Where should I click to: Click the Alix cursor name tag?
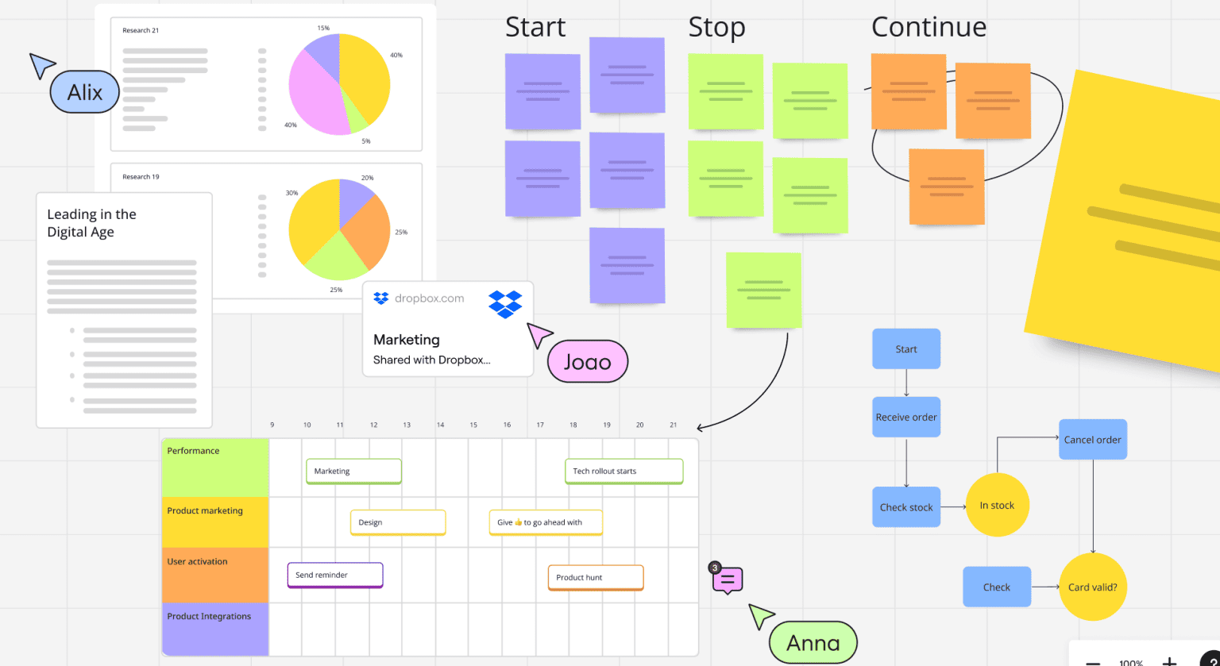(x=84, y=92)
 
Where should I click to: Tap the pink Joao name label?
(x=587, y=362)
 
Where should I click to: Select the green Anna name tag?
(x=813, y=642)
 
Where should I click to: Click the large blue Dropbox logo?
(x=505, y=304)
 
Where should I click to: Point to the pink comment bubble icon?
(x=728, y=580)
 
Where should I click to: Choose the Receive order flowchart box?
(x=905, y=417)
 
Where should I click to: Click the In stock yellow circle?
(x=996, y=505)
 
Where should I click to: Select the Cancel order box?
(x=1092, y=439)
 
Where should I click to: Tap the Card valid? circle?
(x=1092, y=587)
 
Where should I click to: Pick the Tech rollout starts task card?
(x=624, y=471)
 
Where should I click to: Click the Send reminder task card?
(x=334, y=575)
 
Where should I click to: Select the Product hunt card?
(x=595, y=577)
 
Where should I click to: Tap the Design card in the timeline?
(x=397, y=522)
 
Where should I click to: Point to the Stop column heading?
(x=717, y=27)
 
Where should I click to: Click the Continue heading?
(x=929, y=27)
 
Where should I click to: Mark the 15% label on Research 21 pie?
(x=323, y=28)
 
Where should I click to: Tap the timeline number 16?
(x=507, y=425)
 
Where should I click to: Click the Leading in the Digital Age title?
(x=91, y=223)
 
